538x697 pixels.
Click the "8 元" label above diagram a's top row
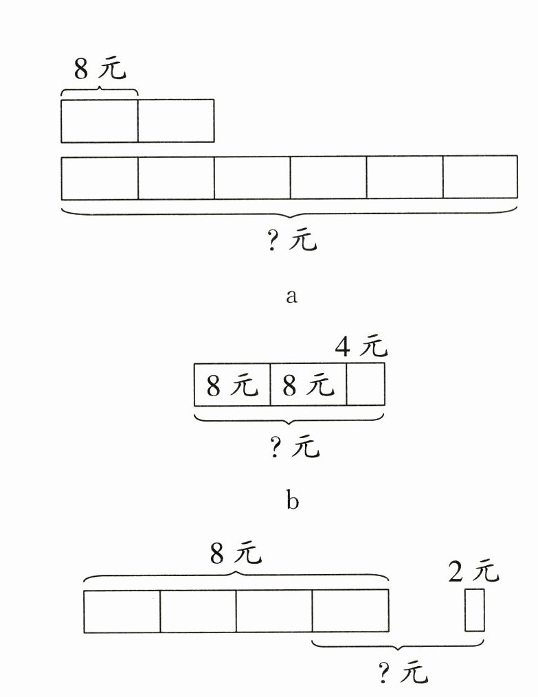pos(100,69)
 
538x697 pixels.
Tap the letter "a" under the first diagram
pos(292,297)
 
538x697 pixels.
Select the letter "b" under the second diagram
pos(292,501)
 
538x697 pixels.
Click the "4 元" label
pos(361,347)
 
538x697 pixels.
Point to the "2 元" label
pos(473,571)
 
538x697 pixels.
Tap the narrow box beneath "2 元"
pos(474,610)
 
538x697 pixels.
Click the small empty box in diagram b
pos(366,385)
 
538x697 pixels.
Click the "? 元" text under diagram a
pos(292,241)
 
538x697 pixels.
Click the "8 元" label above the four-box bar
pos(236,553)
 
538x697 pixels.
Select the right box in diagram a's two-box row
pos(176,121)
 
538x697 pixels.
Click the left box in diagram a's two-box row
pos(100,121)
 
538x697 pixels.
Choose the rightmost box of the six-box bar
pos(480,178)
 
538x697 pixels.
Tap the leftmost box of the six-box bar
pos(100,178)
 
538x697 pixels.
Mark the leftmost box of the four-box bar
pos(122,610)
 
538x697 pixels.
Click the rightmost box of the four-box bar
pos(350,610)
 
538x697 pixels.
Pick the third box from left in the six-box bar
pos(252,178)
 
